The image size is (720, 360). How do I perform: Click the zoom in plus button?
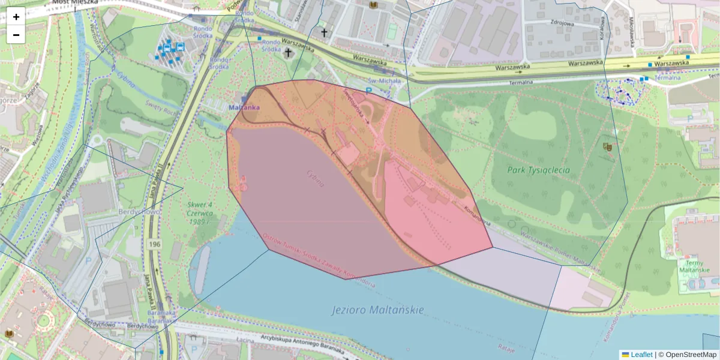point(16,17)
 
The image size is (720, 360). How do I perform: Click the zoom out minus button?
point(16,35)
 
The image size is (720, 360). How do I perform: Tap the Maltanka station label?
point(244,107)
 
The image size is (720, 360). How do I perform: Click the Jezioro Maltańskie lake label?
point(377,310)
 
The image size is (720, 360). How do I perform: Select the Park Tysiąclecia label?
point(538,170)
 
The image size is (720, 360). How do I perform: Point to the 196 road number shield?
point(155,245)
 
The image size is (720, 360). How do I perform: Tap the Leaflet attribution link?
point(640,355)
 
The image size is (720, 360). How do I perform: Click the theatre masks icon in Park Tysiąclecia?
point(607,146)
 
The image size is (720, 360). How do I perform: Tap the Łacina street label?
point(244,339)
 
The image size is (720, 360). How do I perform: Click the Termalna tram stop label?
point(667,77)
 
